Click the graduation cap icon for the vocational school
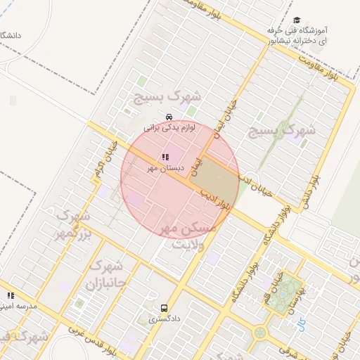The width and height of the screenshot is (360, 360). click(297, 21)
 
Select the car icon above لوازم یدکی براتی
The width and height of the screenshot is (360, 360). click(169, 117)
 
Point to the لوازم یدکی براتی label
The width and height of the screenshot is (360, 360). click(169, 128)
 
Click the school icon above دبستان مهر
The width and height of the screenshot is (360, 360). click(165, 157)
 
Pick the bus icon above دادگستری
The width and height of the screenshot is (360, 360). click(164, 308)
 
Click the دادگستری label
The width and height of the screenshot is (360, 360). click(164, 319)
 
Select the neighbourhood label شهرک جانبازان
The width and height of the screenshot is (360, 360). click(105, 276)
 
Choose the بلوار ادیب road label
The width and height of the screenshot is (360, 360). click(214, 196)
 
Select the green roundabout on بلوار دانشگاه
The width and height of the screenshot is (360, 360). click(261, 331)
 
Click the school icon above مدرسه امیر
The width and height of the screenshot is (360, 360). click(10, 296)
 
